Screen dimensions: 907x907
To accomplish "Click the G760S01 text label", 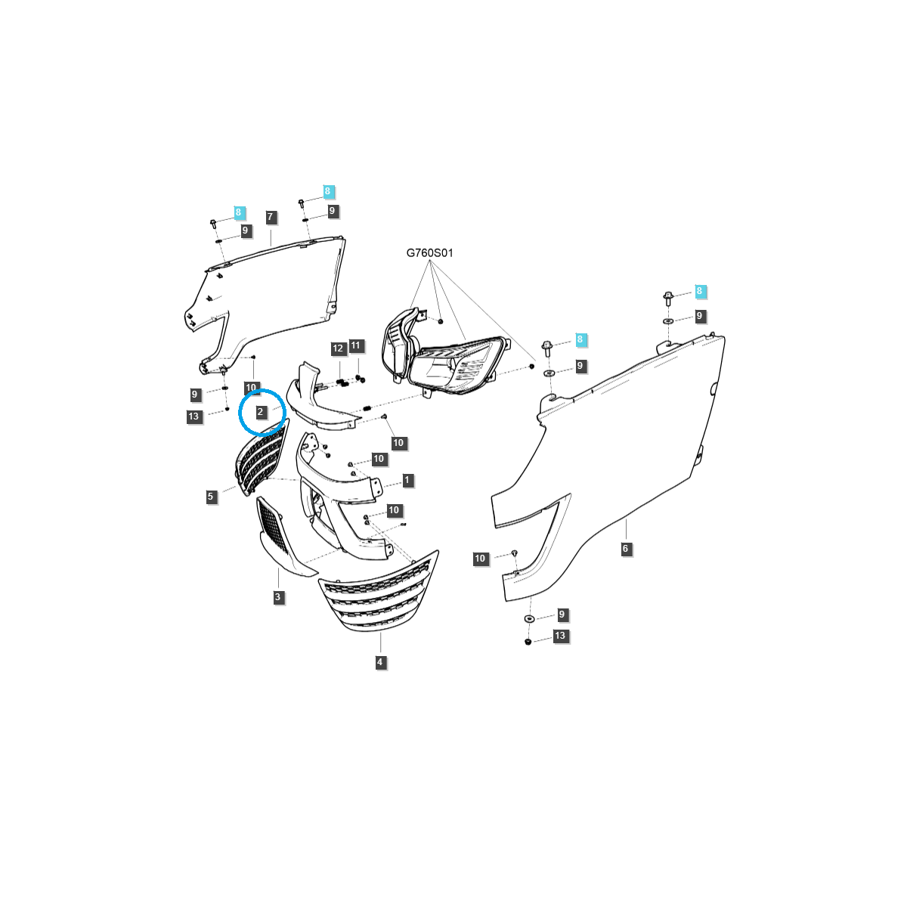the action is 429,252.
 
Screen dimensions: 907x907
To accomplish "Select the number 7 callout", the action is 270,217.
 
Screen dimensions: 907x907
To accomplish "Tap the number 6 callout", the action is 625,548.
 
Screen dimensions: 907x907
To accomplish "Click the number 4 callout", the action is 380,662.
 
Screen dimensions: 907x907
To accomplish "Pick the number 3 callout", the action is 277,597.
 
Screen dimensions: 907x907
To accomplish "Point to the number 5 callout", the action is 210,496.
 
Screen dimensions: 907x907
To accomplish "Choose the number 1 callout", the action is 407,480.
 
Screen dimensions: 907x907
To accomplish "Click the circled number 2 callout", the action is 260,412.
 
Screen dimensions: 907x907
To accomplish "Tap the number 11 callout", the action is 356,345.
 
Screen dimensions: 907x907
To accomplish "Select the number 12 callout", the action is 338,348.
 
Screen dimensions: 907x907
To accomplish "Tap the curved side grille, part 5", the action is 262,456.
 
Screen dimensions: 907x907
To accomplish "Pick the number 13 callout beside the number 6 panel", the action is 560,636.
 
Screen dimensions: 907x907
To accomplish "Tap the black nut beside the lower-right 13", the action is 528,642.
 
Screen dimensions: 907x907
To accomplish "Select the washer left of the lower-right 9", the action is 528,618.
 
